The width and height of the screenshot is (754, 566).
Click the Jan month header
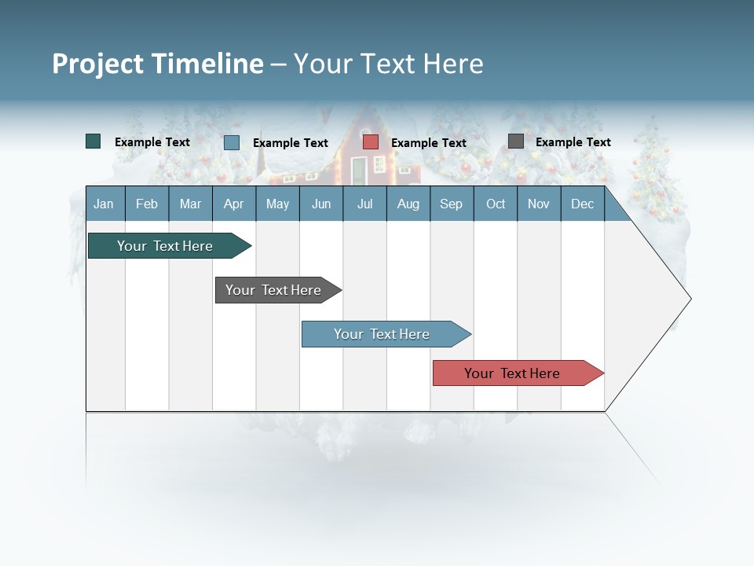point(104,204)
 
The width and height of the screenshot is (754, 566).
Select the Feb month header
point(147,204)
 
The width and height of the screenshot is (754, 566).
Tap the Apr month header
point(233,204)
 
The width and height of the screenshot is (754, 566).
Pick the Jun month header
point(321,204)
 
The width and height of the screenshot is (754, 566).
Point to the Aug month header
point(408,204)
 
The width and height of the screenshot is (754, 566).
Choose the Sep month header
point(451,204)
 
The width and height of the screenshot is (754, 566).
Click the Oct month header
point(496,204)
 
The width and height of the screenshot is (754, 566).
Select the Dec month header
point(582,204)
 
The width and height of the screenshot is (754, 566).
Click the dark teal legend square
point(93,141)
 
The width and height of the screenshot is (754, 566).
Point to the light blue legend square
point(232,142)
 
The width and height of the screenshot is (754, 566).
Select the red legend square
point(371,142)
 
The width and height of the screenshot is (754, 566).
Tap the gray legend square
point(516,141)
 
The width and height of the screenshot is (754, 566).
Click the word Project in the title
point(98,64)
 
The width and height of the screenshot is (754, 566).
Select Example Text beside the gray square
point(573,142)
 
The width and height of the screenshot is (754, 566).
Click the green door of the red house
point(358,171)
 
